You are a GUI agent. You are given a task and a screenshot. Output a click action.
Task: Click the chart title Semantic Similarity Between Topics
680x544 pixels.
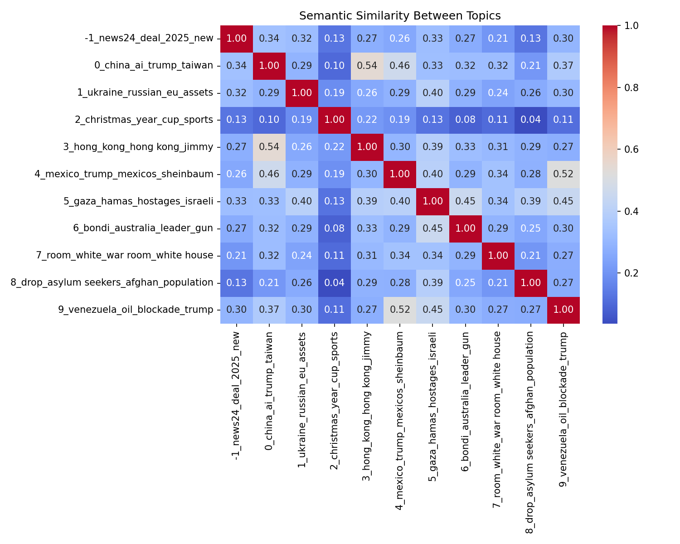[x=400, y=16]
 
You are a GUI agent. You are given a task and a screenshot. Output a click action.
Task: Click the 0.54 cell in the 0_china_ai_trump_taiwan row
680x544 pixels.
[x=367, y=66]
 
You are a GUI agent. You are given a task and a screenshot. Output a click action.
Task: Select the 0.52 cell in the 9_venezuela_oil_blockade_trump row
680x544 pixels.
[x=399, y=310]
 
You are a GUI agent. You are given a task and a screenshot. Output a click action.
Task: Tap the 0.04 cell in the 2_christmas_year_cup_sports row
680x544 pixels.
[x=530, y=120]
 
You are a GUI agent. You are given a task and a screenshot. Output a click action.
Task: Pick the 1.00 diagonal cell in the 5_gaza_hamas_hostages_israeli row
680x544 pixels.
[x=432, y=201]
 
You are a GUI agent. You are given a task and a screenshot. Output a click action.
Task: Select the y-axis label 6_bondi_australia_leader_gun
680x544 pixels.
[x=143, y=228]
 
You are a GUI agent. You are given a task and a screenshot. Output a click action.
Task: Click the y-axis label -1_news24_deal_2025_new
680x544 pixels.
[x=149, y=38]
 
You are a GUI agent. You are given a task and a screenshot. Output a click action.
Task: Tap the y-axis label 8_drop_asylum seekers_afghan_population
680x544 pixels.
[x=112, y=282]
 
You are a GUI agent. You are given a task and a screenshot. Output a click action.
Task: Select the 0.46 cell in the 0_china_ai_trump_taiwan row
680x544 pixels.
[x=399, y=66]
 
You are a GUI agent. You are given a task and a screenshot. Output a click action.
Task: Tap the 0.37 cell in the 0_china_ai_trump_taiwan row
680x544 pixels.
[x=563, y=66]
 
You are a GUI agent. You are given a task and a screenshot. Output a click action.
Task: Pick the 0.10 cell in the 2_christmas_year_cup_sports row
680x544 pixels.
[x=269, y=120]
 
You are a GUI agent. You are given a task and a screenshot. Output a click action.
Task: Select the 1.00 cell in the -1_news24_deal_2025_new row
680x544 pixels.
[x=236, y=38]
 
